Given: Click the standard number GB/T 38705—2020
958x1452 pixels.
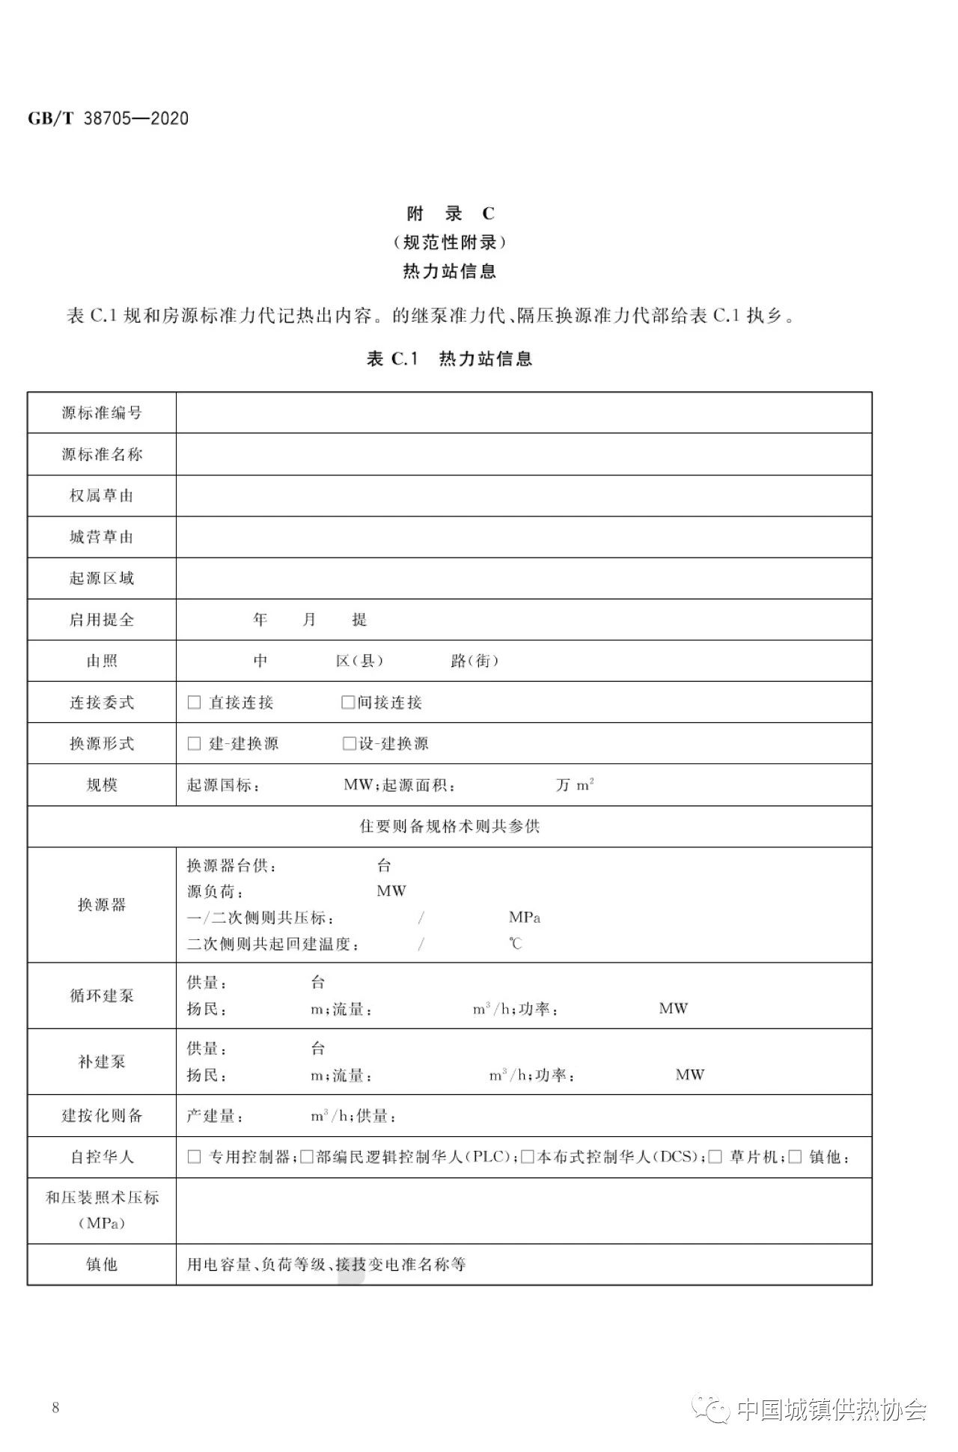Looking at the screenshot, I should tap(109, 118).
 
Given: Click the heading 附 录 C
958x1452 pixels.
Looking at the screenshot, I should tap(450, 214).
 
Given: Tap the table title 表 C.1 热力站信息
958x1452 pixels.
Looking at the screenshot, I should tap(449, 359).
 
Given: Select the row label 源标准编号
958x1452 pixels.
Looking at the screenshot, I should tap(102, 412).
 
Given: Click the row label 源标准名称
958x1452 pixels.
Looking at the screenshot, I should tap(102, 454).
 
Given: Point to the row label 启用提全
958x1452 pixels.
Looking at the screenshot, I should tap(102, 620).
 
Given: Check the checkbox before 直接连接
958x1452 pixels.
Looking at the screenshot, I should tap(195, 702).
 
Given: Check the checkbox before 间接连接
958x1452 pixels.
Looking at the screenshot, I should tap(348, 702).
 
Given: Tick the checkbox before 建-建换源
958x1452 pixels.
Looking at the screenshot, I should tap(195, 743).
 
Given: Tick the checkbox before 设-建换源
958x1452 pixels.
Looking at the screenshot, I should tap(349, 743).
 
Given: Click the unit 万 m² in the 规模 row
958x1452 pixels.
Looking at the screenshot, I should tap(575, 784).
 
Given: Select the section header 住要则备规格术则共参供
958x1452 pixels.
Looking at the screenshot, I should tap(449, 826).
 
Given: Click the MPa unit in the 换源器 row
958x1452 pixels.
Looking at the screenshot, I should tap(525, 918).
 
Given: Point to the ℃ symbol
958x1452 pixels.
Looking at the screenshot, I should tap(516, 944).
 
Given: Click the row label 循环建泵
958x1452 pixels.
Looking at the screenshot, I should tap(102, 995).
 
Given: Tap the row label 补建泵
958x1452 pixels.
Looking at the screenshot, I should tap(102, 1061).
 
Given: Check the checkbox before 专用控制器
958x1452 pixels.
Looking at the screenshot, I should tap(195, 1157).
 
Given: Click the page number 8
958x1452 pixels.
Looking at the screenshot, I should tap(55, 1408).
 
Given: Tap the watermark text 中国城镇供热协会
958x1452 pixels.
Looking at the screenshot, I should tap(832, 1410).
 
